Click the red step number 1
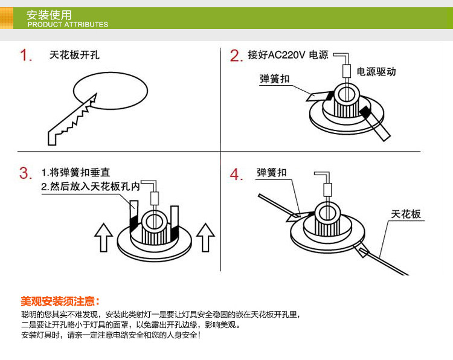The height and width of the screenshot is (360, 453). coord(25,55)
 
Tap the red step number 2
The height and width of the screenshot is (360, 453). coord(236,56)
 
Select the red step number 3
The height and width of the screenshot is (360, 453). coord(25,173)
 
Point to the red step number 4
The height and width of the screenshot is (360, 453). coord(236,174)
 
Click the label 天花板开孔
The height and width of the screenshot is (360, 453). coord(74,55)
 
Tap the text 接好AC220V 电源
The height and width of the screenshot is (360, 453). coord(288,55)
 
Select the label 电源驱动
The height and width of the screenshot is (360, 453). coord(376,72)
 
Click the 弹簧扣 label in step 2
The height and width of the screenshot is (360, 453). coord(274,79)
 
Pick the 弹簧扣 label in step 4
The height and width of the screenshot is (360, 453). coord(272,173)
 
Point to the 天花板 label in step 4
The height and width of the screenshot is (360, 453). coord(406,214)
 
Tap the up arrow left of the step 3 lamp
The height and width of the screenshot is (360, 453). coord(103,237)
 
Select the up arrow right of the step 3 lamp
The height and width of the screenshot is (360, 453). coord(205,237)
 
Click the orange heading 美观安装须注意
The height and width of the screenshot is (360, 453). coord(60,301)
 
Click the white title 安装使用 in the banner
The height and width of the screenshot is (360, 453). coord(49,14)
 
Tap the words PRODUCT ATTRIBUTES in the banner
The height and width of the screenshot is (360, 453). coord(68,25)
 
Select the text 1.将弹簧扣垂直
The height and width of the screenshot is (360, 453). coord(75,173)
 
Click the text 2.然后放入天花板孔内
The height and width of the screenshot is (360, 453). coord(91,187)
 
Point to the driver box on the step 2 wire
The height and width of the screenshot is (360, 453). coord(347,71)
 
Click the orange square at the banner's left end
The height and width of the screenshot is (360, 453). coord(7,18)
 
